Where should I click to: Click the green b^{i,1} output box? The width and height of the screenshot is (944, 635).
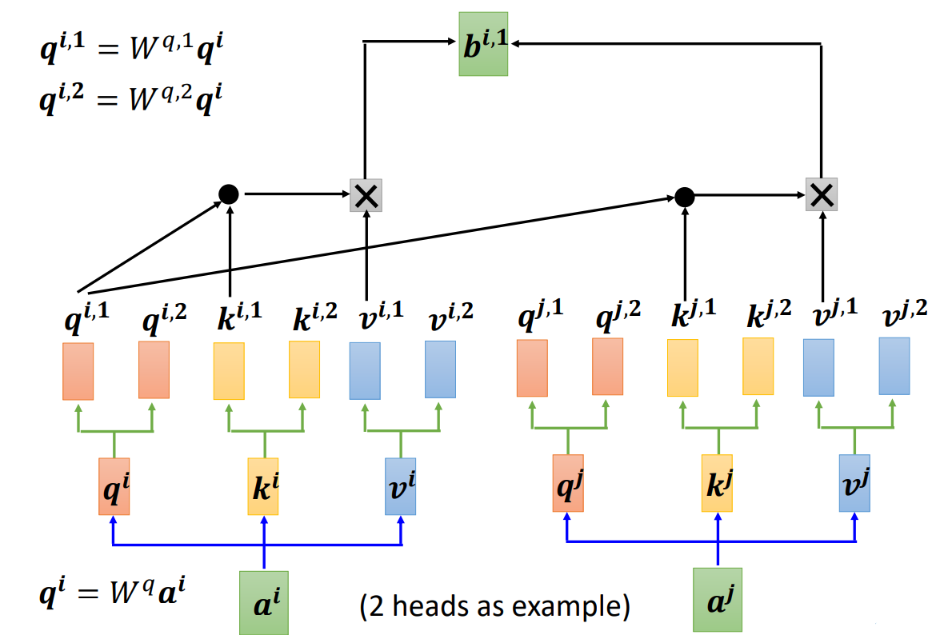tap(483, 44)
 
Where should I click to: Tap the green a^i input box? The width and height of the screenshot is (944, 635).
tap(263, 602)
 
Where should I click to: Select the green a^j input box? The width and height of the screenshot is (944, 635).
tap(718, 601)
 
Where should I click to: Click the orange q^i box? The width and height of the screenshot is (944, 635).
tap(114, 486)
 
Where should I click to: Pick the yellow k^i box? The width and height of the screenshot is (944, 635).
tap(263, 486)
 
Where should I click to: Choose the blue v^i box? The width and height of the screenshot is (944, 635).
tap(401, 486)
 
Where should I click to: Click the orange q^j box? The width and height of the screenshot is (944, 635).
tap(568, 483)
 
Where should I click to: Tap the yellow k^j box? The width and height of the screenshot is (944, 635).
tap(718, 483)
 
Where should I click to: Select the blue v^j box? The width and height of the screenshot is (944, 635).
tap(854, 483)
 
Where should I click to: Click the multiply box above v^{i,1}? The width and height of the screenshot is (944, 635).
tap(366, 195)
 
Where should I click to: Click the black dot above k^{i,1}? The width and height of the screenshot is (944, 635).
tap(230, 193)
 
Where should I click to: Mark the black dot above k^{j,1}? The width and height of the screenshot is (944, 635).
tap(684, 195)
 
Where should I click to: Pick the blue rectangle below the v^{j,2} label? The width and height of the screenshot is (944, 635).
tap(894, 365)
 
